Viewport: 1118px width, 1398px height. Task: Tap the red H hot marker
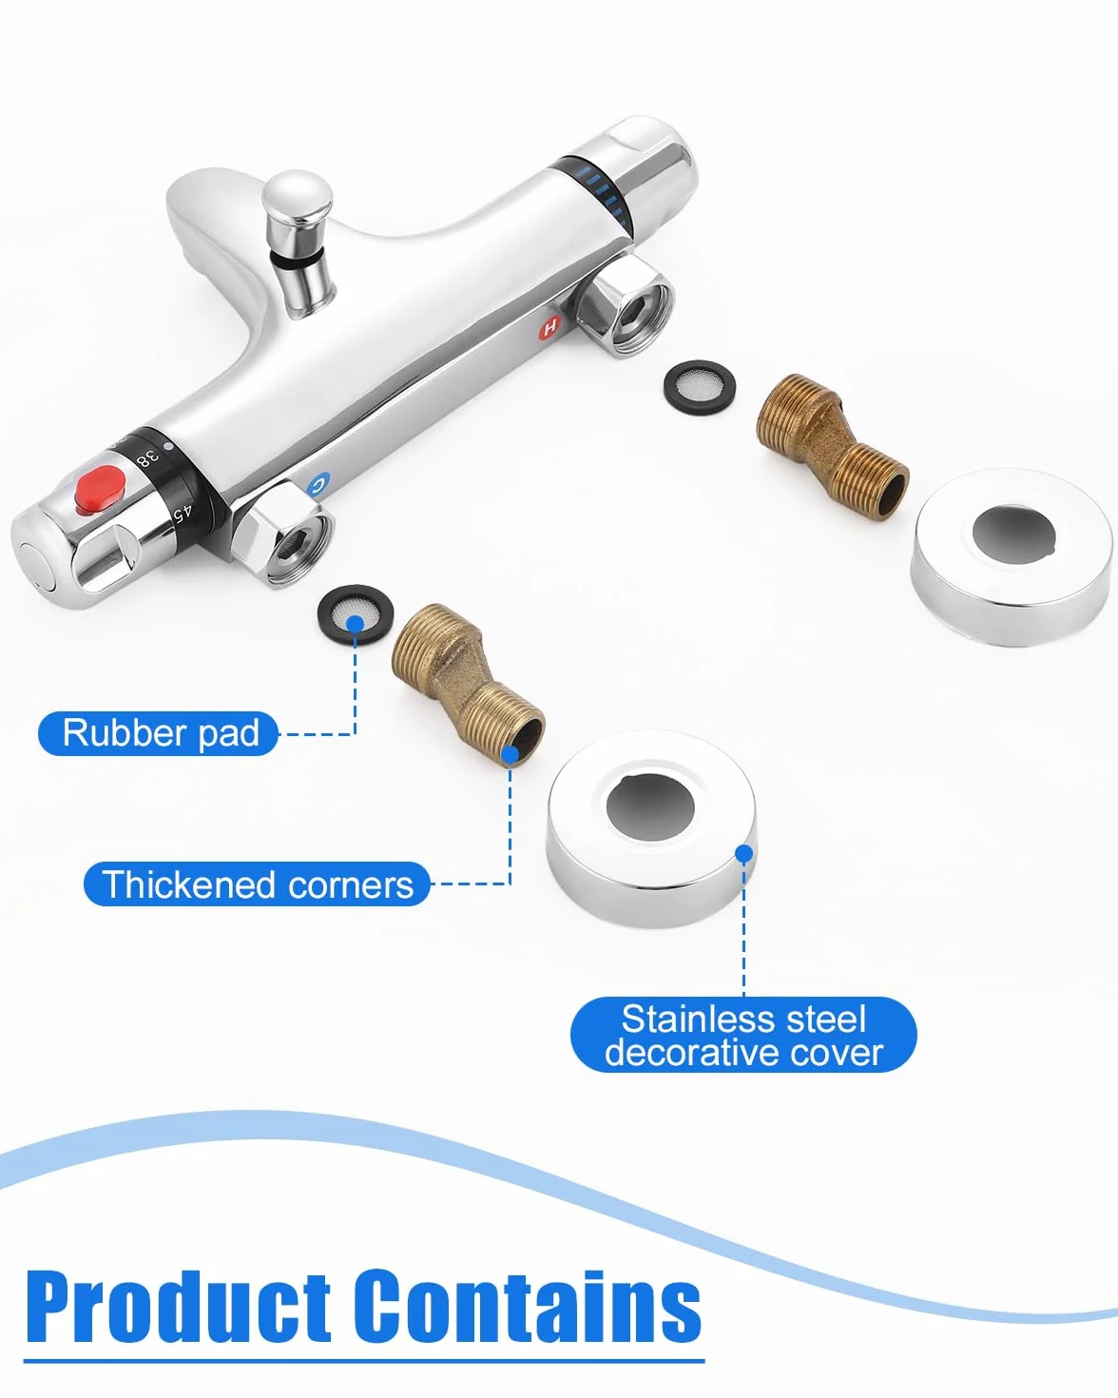549,327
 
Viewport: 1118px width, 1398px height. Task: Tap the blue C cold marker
318,485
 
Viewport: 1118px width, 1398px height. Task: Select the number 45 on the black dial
183,513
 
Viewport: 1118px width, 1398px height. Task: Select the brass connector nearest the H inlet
832,446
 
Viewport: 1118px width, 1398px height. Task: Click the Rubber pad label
159,733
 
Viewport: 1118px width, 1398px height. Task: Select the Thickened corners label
257,883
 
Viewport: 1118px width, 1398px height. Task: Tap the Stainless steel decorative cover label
743,1035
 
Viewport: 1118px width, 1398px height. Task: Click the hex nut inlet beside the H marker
625,305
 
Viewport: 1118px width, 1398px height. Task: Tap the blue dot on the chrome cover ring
744,853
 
